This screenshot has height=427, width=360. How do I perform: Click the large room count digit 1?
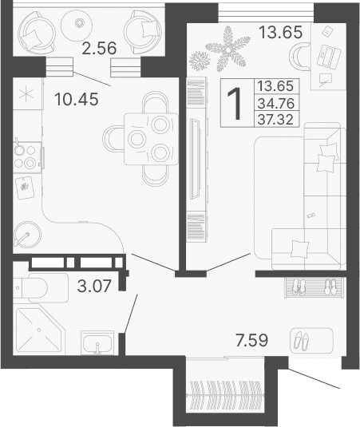click(235, 104)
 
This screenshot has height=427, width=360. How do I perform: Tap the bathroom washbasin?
click(98, 344)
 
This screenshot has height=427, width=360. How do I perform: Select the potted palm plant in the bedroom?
click(220, 47)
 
